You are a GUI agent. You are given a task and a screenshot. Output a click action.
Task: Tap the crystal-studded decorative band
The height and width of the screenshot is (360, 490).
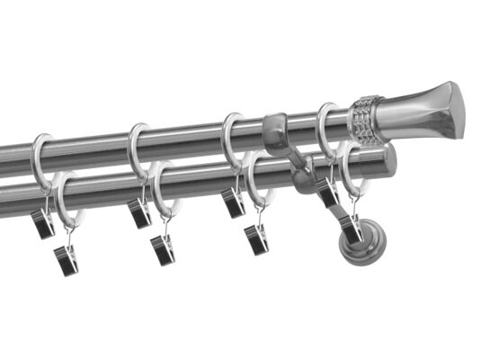[367, 119]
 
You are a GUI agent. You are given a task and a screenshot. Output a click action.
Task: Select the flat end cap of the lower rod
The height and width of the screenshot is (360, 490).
[388, 160]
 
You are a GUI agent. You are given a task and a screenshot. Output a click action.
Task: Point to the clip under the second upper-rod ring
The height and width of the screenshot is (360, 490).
[138, 212]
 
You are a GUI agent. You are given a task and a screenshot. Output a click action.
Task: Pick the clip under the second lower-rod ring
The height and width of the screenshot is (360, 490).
[164, 249]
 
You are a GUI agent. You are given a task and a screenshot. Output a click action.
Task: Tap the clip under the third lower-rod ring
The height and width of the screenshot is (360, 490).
[259, 238]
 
